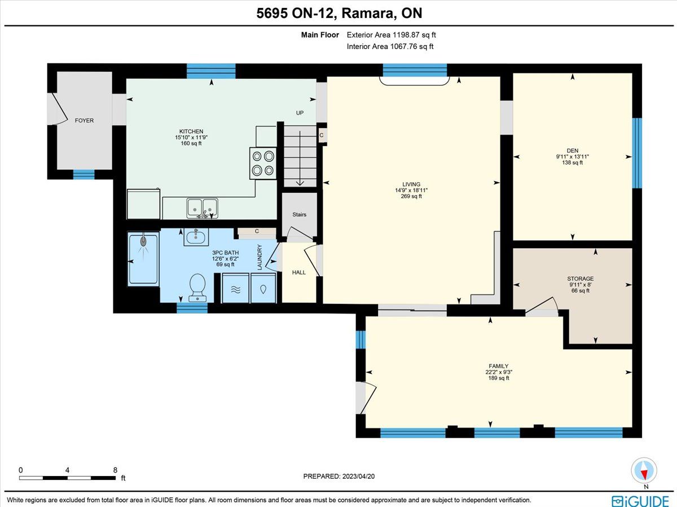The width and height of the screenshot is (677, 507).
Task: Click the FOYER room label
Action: pos(84,121)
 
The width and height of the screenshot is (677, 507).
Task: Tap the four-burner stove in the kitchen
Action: pos(263,164)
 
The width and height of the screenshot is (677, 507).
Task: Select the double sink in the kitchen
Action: pos(202,208)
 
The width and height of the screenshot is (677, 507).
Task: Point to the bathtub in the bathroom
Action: pos(143,259)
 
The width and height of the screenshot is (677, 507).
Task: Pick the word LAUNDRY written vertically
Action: pos(260,257)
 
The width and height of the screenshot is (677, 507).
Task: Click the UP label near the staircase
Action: pos(300,113)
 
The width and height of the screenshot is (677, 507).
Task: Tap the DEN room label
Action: pos(573,151)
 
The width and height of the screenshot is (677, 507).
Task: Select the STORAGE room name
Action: pos(580,279)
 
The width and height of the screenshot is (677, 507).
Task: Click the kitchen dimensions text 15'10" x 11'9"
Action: pos(191,138)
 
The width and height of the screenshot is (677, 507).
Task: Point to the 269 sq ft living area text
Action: pos(411,196)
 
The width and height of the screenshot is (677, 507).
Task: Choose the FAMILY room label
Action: pos(498,366)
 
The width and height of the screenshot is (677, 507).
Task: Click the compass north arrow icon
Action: pos(644,471)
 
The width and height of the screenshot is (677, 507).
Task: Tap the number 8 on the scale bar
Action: pos(115,470)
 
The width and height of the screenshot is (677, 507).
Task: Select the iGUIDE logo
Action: pos(640,501)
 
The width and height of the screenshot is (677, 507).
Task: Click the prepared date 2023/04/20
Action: pos(358,476)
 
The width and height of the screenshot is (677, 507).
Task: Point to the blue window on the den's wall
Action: pos(636,153)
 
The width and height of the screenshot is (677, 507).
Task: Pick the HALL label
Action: pos(299,272)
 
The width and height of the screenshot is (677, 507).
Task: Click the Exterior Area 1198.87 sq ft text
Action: pos(391,35)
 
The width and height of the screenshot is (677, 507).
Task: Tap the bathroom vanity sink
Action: pos(196,237)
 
